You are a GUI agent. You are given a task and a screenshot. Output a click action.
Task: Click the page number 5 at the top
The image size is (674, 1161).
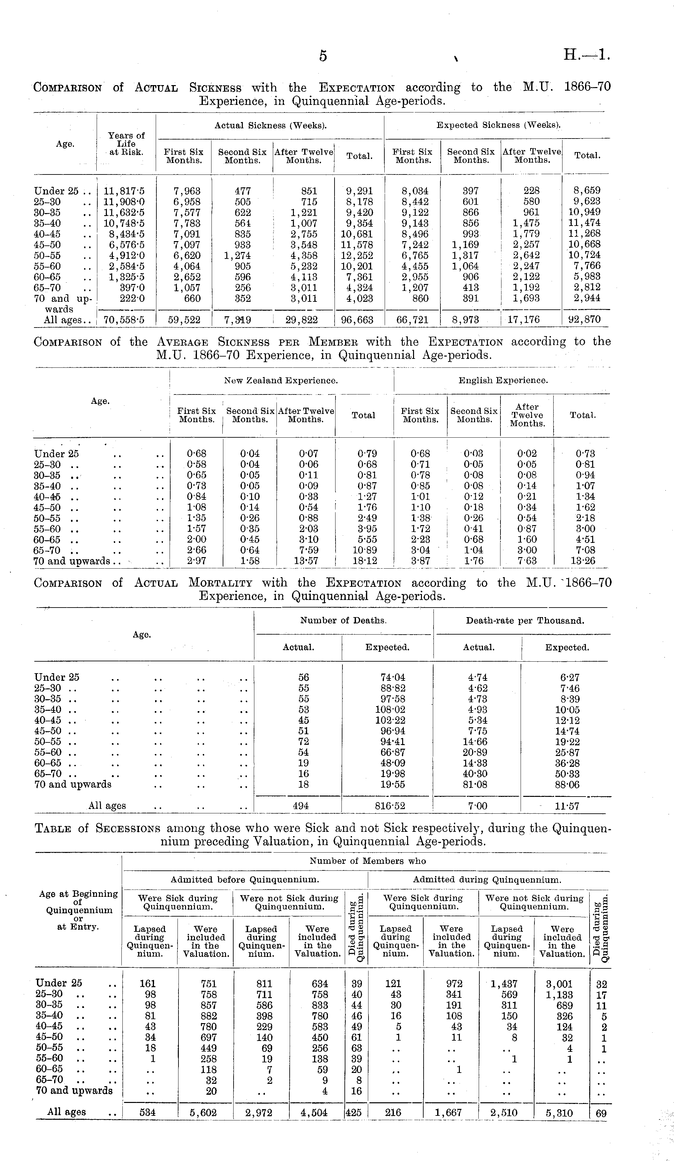(323, 56)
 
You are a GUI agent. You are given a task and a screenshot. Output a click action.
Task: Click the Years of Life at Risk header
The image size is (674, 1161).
(126, 143)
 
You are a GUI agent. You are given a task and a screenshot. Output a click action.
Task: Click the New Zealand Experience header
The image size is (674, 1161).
(281, 381)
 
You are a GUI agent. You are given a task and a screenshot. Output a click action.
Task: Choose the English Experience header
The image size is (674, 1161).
(503, 381)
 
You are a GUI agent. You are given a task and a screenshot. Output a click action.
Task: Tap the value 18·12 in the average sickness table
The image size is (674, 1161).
(364, 561)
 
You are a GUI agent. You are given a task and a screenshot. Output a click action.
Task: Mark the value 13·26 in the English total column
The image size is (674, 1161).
(582, 561)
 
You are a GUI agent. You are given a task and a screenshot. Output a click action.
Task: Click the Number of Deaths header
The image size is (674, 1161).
(343, 621)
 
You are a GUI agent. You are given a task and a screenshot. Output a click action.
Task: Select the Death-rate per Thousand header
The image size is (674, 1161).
(525, 621)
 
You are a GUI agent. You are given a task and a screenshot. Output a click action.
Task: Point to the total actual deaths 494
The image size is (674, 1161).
(301, 806)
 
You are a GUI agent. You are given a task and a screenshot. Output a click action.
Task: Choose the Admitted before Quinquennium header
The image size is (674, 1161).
(245, 880)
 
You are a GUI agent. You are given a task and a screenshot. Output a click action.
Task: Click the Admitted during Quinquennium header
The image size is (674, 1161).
(487, 880)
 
